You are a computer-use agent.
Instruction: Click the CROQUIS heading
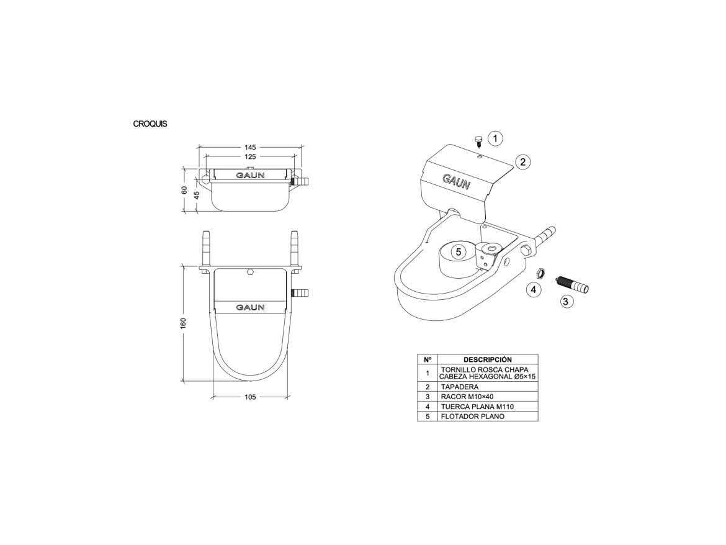(x=150, y=124)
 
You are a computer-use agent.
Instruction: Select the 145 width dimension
(x=250, y=147)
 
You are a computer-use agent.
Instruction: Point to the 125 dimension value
(x=250, y=157)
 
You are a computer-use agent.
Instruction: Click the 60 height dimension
(x=184, y=191)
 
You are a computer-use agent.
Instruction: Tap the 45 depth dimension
(x=196, y=195)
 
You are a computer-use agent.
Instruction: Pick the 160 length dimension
(x=183, y=323)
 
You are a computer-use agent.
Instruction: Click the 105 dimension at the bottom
(x=250, y=397)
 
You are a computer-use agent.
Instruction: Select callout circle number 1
(x=495, y=138)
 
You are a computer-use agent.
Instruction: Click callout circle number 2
(x=522, y=162)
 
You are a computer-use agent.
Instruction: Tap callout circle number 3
(x=565, y=302)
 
